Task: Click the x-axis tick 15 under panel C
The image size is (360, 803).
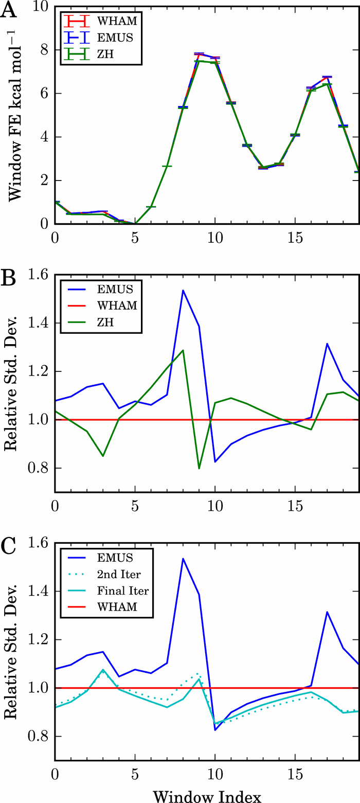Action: coord(295,773)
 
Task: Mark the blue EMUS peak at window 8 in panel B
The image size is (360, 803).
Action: coord(183,291)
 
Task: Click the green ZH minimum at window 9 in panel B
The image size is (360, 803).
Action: coord(199,468)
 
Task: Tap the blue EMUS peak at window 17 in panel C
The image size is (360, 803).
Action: coord(327,612)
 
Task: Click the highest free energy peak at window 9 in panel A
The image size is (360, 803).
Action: coord(199,54)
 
